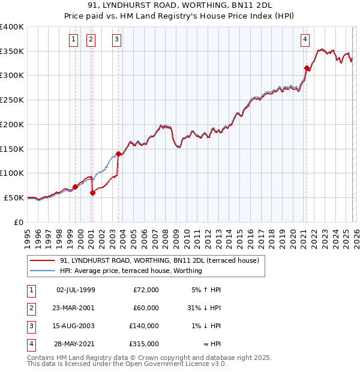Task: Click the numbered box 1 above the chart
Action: pos(73,40)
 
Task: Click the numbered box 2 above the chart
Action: pos(91,40)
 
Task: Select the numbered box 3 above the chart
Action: pos(116,40)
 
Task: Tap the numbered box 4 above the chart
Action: pos(305,40)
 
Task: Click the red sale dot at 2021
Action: pos(307,68)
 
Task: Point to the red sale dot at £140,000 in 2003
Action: pos(119,154)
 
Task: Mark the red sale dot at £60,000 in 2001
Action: pos(93,193)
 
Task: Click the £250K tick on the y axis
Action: pos(12,100)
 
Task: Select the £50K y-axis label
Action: pos(14,197)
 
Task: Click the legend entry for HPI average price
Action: pos(131,271)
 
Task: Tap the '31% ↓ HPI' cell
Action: pos(204,308)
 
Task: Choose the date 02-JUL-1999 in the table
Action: pos(76,290)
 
